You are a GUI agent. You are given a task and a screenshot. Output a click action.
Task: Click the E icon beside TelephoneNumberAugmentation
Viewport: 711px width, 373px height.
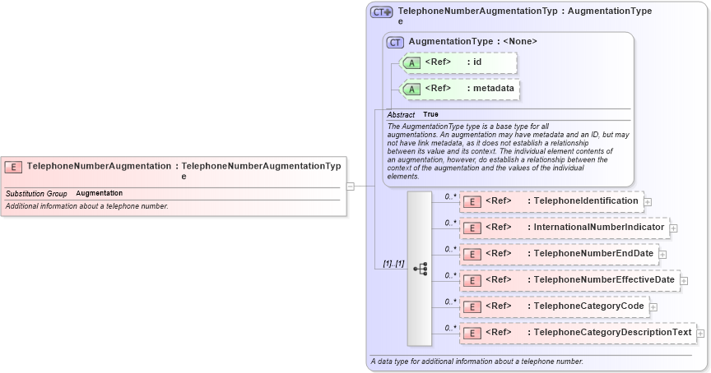point(13,166)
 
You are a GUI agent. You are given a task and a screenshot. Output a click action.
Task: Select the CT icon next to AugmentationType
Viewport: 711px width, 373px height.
point(396,42)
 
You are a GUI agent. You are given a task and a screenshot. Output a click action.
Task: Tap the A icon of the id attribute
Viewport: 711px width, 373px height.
point(411,62)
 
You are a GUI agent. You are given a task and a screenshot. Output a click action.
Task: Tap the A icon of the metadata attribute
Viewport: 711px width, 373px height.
point(411,89)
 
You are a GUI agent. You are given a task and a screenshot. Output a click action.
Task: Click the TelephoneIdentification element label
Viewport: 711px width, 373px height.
point(586,201)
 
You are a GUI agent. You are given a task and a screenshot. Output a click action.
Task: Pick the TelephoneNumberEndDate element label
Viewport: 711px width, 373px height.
point(593,254)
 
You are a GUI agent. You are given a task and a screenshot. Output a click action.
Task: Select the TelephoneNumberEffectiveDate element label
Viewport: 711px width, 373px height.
point(604,280)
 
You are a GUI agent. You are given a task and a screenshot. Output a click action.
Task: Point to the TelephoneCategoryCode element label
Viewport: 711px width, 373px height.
point(588,306)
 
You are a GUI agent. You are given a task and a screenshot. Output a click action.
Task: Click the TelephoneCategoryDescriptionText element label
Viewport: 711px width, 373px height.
point(612,333)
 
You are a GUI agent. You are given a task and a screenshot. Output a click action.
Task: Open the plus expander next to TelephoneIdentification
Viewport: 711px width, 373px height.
point(648,201)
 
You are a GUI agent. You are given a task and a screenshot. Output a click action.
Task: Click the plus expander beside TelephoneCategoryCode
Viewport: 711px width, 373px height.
point(653,307)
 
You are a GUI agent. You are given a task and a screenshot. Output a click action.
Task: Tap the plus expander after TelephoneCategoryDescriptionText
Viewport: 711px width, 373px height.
point(701,334)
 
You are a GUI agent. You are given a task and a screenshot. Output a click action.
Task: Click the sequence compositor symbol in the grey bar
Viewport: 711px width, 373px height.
point(420,269)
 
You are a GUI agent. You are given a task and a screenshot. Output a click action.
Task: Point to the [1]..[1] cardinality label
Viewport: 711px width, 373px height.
point(393,264)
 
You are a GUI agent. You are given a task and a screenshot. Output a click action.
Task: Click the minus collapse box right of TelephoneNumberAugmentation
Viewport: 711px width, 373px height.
point(351,186)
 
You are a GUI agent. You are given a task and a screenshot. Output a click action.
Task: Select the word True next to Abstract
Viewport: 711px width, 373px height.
point(430,114)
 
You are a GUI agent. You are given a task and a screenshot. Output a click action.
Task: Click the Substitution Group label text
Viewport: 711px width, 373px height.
point(36,193)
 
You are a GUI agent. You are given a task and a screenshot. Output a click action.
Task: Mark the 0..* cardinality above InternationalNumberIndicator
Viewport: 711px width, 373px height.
point(450,222)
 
